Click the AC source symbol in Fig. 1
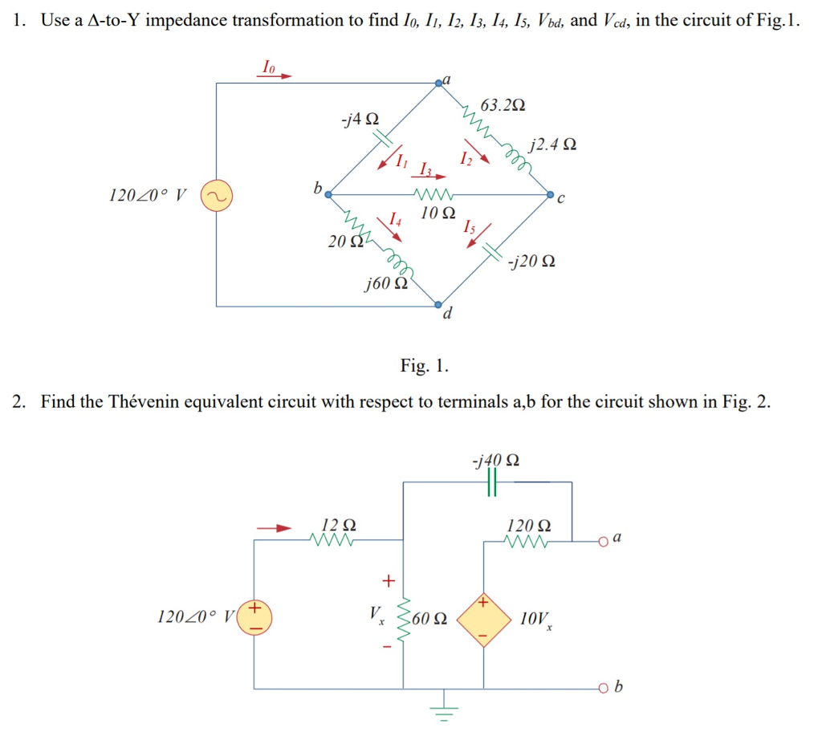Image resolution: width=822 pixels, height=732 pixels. (x=216, y=195)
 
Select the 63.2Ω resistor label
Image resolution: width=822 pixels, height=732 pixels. (x=503, y=105)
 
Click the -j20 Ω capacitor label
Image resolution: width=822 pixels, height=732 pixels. (x=531, y=262)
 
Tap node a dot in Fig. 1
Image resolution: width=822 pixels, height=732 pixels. (x=438, y=83)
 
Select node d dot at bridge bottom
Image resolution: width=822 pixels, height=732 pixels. (x=438, y=305)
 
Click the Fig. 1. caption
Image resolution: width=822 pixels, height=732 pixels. (x=425, y=367)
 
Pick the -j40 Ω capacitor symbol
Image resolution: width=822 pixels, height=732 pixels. (x=492, y=482)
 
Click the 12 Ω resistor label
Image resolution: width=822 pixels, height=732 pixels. (x=338, y=526)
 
